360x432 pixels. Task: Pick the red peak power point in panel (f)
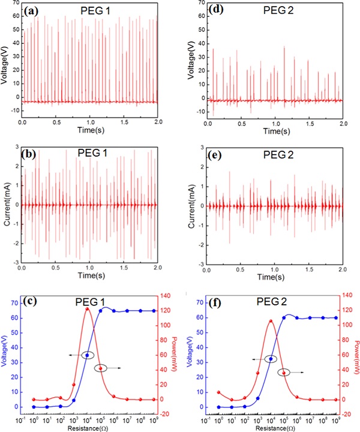[271, 321]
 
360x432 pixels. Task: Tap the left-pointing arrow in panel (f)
[256, 359]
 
